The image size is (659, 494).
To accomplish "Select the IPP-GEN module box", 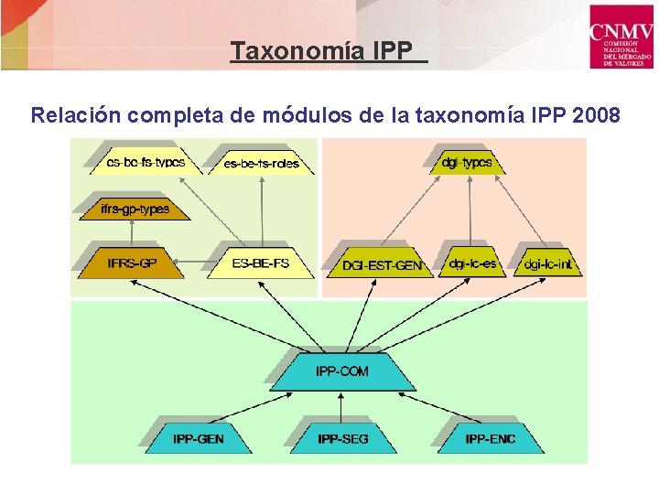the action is [x=198, y=438].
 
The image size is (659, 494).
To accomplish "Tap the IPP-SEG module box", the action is [x=343, y=438].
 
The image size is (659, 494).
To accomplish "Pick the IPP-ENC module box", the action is [x=490, y=438].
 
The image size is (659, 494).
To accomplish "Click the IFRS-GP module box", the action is [x=133, y=263].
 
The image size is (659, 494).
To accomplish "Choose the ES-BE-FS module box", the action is [x=261, y=263].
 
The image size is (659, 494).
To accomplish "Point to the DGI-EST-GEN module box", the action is [x=382, y=264].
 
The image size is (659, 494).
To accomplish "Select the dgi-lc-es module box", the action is [x=472, y=263].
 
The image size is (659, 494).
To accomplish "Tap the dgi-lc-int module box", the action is [x=547, y=263].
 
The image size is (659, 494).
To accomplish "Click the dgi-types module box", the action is [x=467, y=163].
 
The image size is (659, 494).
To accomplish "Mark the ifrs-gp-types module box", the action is [x=135, y=209].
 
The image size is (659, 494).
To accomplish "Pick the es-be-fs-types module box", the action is [x=146, y=163].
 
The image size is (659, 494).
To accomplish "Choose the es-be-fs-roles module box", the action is [x=262, y=164].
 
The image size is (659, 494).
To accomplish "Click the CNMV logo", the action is [x=621, y=35].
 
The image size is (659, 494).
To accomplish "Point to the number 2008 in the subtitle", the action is [x=595, y=116].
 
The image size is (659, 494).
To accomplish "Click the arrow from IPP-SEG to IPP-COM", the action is [x=342, y=404].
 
